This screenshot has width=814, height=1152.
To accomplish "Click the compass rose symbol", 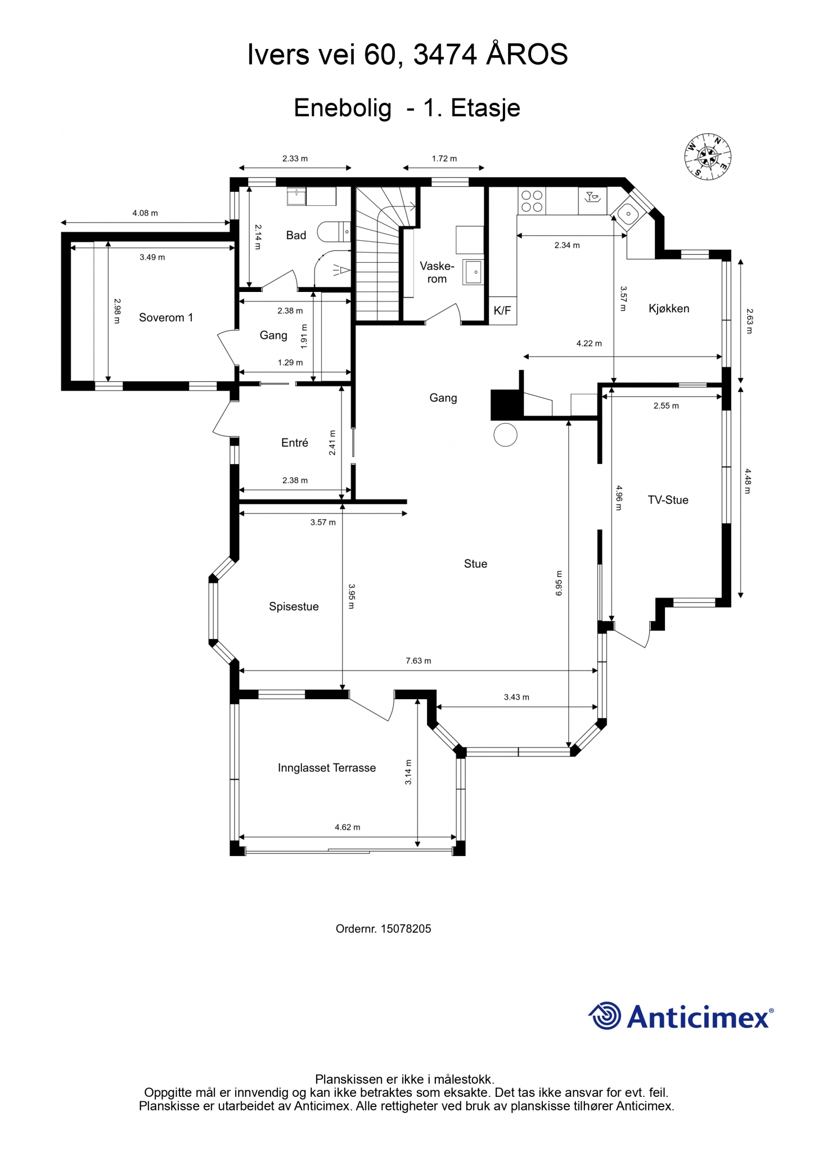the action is [708, 157].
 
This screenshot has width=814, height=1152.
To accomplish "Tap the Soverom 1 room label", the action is [166, 318].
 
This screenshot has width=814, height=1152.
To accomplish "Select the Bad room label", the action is [296, 235].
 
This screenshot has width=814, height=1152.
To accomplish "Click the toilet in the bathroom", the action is [334, 232].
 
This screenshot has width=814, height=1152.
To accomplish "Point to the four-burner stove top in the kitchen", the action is [532, 201].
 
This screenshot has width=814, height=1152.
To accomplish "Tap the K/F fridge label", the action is [502, 310].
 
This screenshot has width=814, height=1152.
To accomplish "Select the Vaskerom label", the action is [437, 272].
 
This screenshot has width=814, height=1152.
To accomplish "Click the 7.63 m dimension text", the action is [419, 660].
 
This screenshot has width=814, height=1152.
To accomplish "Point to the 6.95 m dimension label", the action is [559, 583].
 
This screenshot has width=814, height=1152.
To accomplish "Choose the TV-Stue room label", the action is [668, 500].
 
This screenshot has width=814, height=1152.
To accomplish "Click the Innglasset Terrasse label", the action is [327, 768].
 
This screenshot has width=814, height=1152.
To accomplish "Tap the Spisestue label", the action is [294, 607].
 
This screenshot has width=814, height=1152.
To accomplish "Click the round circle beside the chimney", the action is [505, 435].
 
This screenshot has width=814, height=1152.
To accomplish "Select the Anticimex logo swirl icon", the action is [605, 1016].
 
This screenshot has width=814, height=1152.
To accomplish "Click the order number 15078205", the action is [406, 929].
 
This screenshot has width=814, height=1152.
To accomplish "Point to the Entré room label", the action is [295, 443].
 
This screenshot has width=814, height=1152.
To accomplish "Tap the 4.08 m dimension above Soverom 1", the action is [145, 213].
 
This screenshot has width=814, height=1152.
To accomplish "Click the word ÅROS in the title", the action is [527, 55].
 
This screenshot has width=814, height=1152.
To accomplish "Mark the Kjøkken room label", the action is [669, 309].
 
